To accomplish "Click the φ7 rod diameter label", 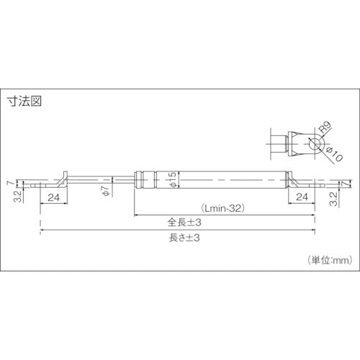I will pos(105,190).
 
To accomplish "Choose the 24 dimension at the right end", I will pos(303,196).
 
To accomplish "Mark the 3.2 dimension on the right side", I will pos(333,197).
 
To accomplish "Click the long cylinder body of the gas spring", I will pos(230,179).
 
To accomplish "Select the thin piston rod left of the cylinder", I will pos(101,179).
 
